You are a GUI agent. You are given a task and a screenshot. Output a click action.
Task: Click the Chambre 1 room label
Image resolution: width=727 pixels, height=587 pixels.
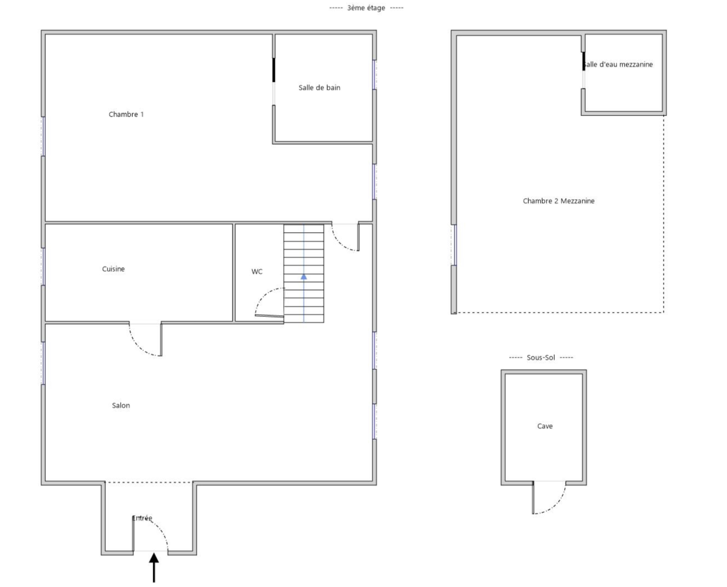(126, 114)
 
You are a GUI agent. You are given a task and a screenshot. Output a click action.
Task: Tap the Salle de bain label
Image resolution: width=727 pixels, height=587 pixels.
(319, 88)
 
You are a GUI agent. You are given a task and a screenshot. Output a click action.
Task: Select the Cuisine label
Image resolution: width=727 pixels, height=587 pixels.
(113, 269)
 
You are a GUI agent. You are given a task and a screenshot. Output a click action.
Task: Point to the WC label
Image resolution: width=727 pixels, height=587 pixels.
(257, 272)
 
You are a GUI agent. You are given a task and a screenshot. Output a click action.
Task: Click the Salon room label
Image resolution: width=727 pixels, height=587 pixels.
(121, 405)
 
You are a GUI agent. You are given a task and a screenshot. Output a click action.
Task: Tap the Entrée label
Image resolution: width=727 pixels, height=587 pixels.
(142, 518)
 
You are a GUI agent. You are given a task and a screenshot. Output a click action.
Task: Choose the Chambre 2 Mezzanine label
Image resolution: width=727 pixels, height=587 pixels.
(558, 201)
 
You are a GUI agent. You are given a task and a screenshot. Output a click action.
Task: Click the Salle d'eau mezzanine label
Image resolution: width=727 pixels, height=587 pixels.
(618, 65)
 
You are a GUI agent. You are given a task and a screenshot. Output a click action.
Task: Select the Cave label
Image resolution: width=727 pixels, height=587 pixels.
(545, 426)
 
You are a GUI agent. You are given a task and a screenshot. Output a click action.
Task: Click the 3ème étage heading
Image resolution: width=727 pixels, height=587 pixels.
(366, 8)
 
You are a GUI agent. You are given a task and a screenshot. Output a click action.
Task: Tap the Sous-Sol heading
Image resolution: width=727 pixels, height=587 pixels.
(541, 358)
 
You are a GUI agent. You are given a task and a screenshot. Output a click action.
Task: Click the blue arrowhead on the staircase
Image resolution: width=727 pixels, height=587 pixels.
(304, 277)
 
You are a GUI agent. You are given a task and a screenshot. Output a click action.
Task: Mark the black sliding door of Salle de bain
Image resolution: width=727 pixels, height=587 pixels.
(274, 70)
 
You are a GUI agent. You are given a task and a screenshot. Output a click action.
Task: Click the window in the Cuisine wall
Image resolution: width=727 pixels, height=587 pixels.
(43, 267)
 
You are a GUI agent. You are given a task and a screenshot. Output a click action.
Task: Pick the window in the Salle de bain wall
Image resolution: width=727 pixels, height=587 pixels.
(374, 75)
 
